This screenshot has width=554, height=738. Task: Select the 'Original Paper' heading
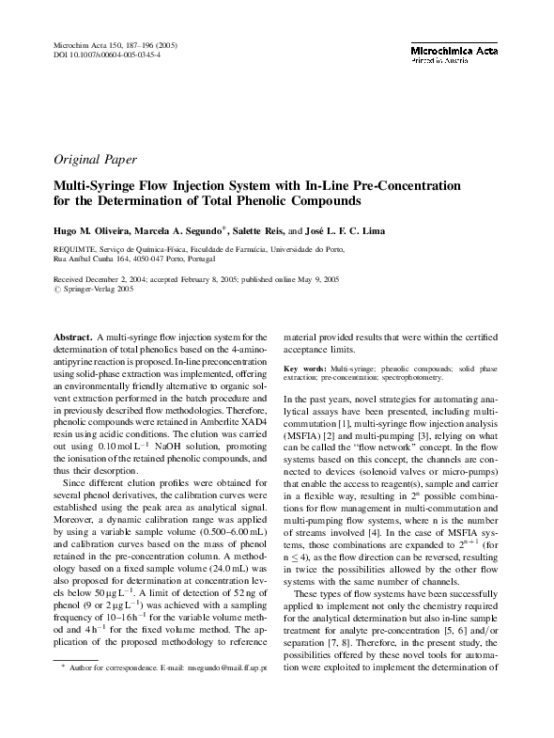coord(96,159)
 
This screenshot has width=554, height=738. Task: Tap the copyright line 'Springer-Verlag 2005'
coord(97,290)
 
